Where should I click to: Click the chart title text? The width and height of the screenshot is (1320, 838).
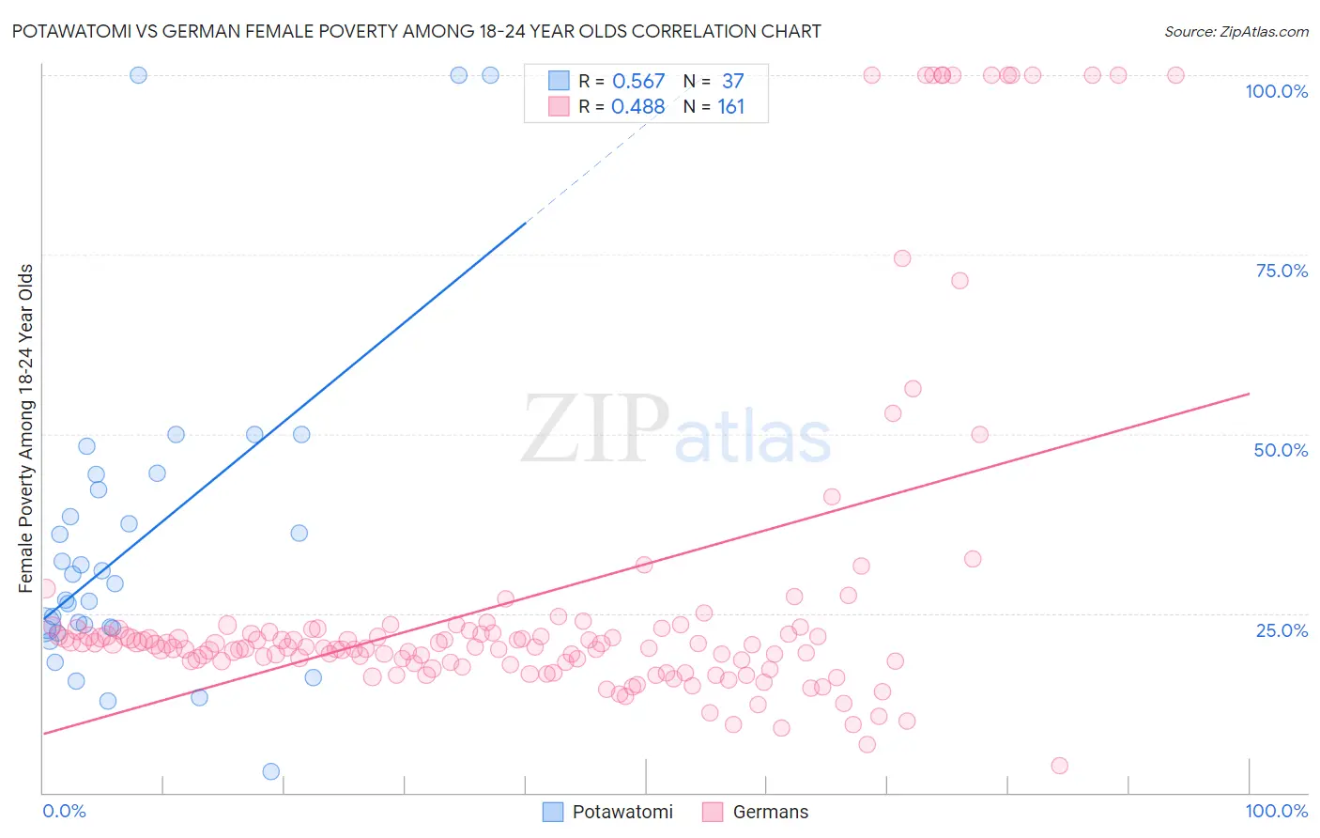(x=416, y=31)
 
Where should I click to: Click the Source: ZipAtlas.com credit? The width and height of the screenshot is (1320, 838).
(x=1236, y=31)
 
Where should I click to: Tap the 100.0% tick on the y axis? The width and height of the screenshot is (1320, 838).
(x=1276, y=91)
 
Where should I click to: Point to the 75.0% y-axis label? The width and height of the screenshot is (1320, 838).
(x=1282, y=271)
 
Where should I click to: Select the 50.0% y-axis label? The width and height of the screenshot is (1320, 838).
(x=1281, y=450)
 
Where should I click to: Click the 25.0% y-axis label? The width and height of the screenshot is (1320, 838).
(x=1282, y=629)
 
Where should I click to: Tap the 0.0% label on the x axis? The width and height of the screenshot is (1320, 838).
(x=64, y=811)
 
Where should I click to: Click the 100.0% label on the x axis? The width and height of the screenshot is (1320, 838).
(x=1276, y=811)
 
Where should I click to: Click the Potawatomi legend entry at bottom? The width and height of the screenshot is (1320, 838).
(x=608, y=812)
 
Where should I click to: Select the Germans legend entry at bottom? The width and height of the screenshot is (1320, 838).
(x=756, y=812)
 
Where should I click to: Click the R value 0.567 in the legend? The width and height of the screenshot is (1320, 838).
(x=638, y=82)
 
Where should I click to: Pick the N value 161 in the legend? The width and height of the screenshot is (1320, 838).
(x=730, y=107)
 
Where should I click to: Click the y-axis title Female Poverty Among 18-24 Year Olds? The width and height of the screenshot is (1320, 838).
(x=26, y=428)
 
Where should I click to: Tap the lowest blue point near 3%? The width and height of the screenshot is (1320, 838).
(x=271, y=771)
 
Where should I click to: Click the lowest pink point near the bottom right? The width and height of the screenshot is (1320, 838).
(x=1060, y=766)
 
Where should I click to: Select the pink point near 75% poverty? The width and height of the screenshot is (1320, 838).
(x=902, y=258)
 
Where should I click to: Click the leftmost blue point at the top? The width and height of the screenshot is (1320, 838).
(x=138, y=75)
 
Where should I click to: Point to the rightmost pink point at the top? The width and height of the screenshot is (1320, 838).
(x=1175, y=75)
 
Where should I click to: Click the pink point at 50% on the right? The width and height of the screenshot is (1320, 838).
(x=980, y=434)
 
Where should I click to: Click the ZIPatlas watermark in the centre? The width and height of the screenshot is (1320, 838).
(x=676, y=430)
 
